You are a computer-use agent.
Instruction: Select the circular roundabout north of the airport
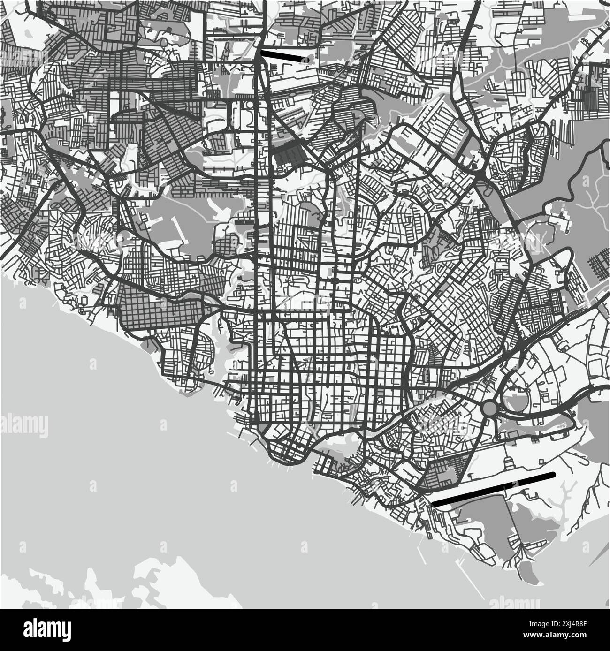click(x=490, y=408)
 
